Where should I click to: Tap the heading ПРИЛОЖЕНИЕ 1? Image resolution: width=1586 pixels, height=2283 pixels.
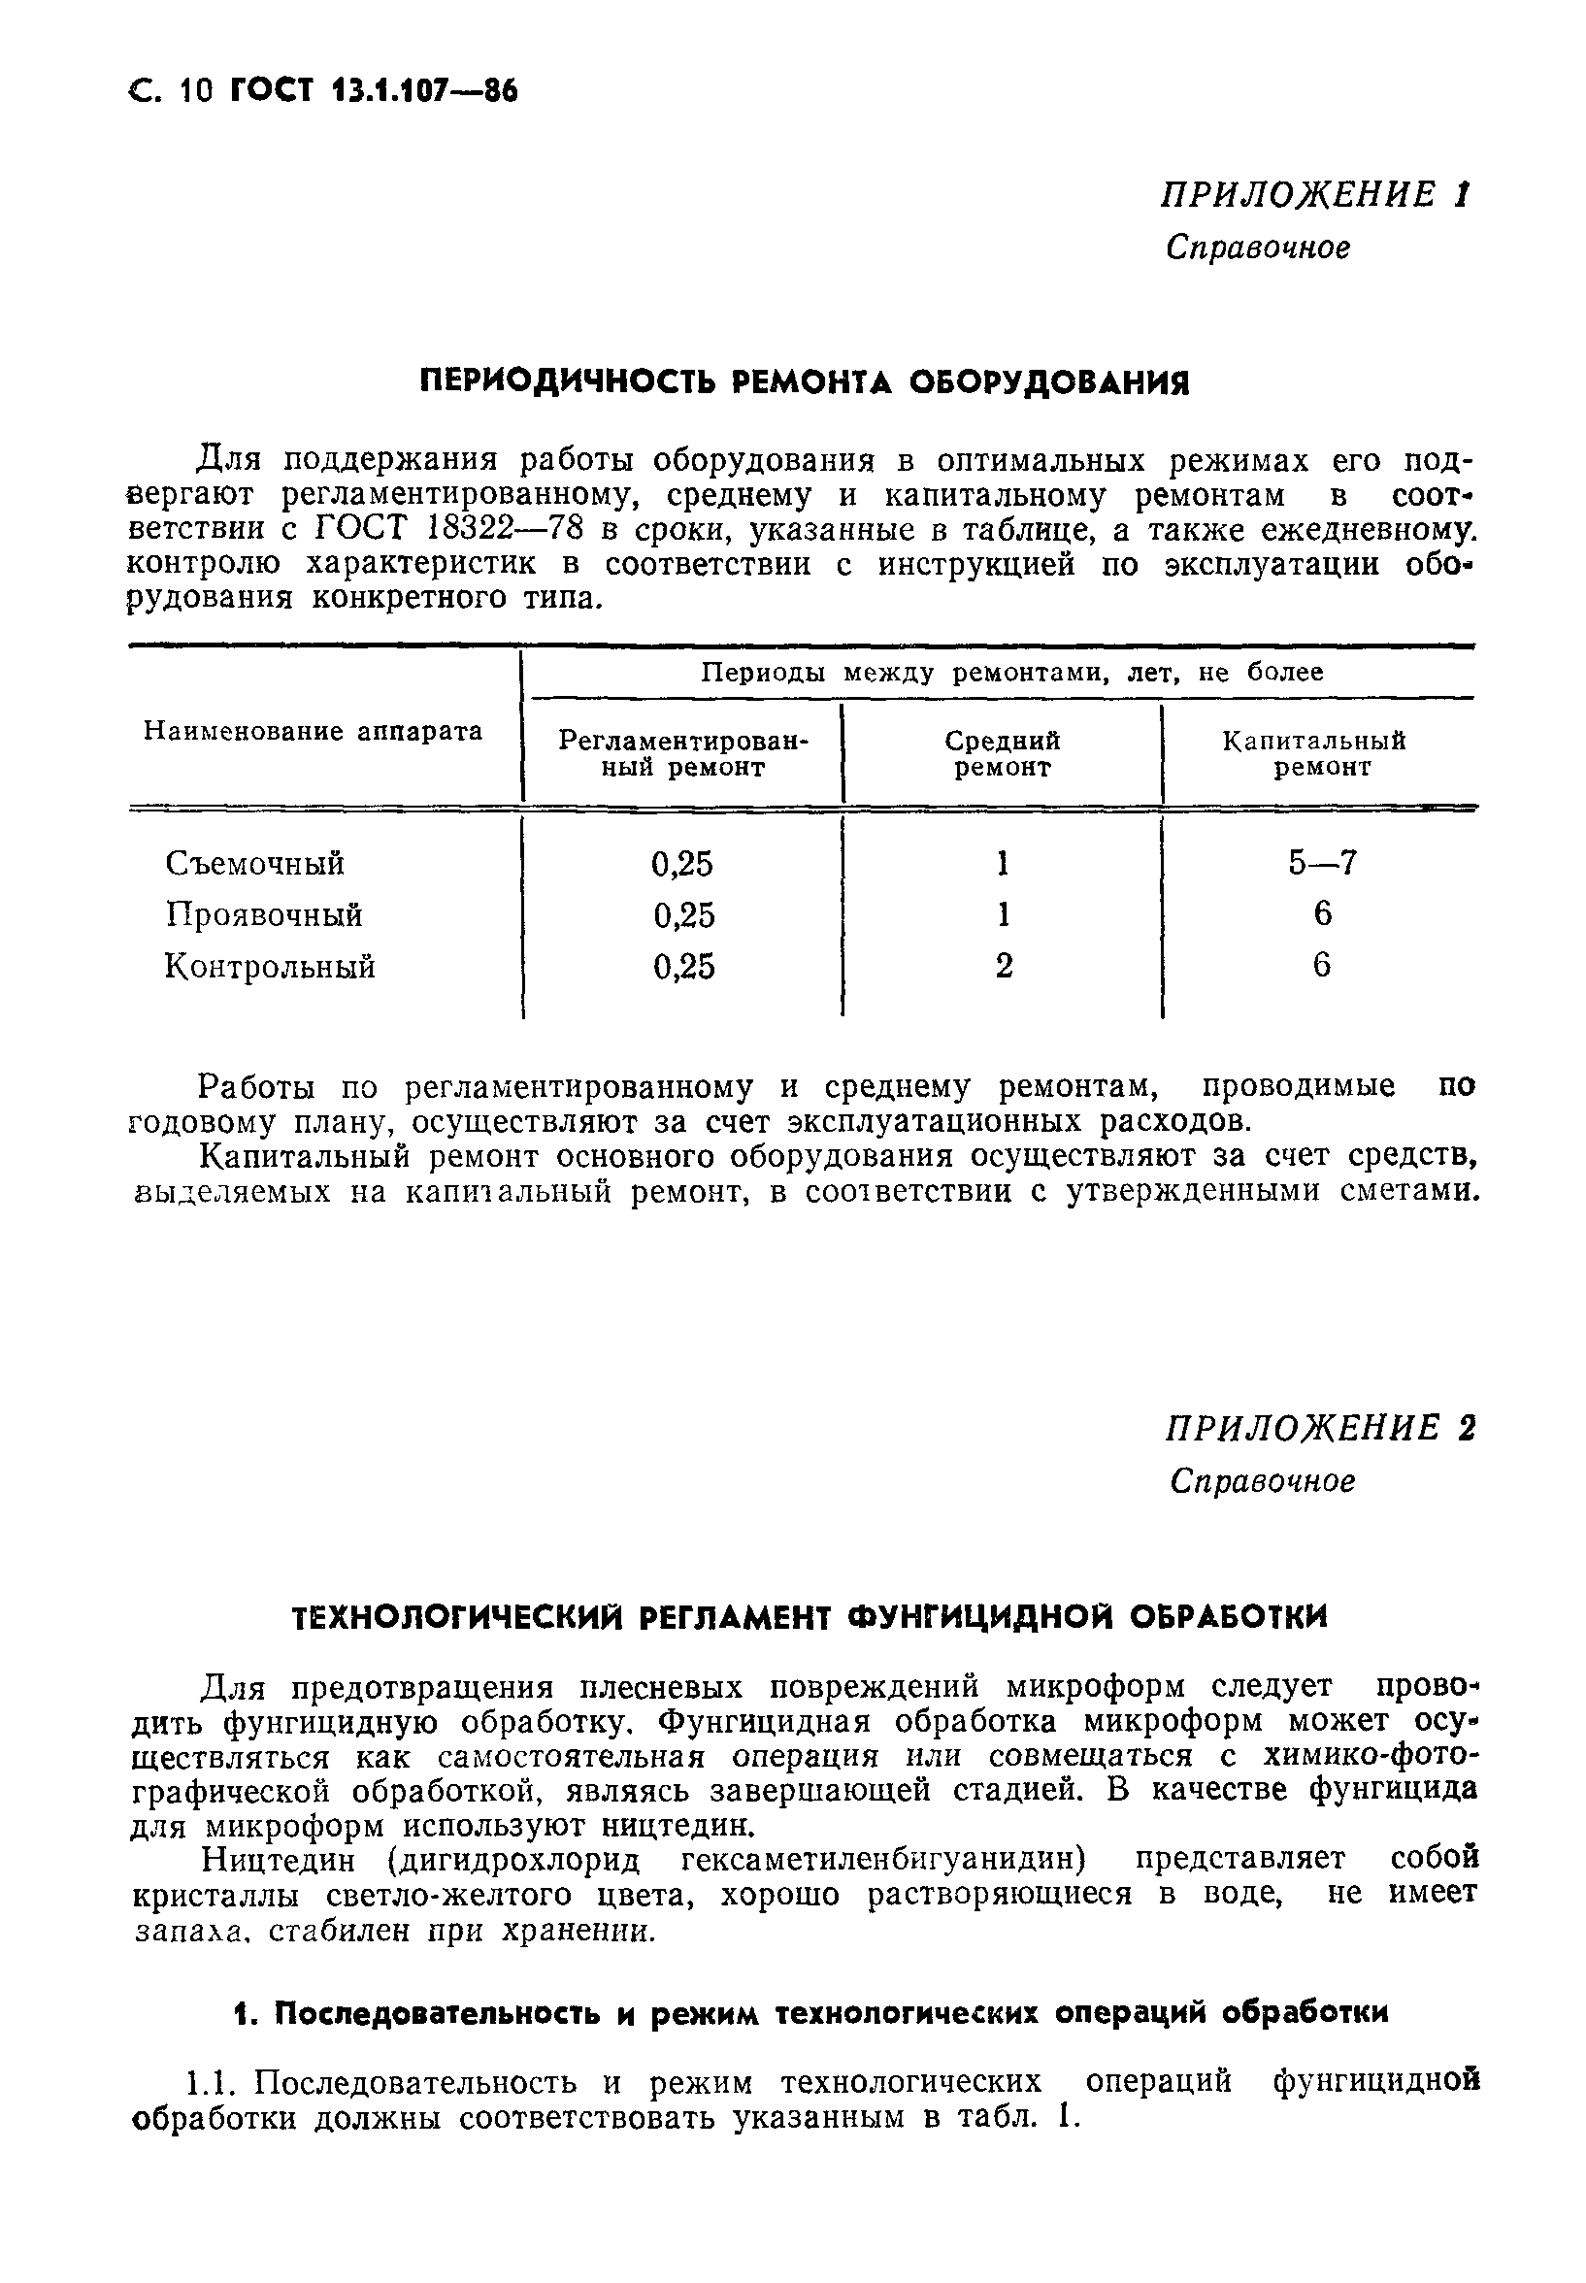[x=1314, y=195]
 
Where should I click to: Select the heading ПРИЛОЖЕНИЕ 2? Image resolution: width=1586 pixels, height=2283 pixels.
[x=1320, y=1429]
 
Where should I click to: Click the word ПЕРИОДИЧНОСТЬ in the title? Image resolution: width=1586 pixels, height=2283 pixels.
[x=566, y=381]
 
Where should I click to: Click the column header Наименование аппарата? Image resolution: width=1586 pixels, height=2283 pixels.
[x=313, y=732]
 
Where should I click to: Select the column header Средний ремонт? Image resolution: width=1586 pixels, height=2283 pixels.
[x=1002, y=754]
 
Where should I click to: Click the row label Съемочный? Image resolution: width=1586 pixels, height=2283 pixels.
[x=254, y=863]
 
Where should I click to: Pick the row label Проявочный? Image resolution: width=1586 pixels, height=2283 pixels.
[x=263, y=915]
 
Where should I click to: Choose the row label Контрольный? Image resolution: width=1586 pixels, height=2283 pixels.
[x=269, y=967]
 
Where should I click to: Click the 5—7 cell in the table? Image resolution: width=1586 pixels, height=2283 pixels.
[x=1322, y=863]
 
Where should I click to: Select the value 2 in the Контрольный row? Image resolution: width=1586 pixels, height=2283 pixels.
[x=1004, y=967]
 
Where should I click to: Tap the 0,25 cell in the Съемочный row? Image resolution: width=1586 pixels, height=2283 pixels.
[x=682, y=863]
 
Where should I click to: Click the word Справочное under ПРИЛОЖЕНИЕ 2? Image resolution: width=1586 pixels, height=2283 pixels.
[x=1262, y=1481]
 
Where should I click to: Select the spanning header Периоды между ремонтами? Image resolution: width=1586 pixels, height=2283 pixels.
[x=1011, y=673]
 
